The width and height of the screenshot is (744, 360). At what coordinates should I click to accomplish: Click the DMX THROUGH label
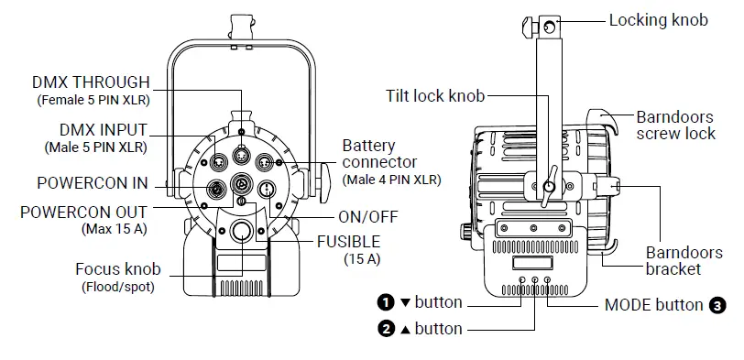tap(93, 82)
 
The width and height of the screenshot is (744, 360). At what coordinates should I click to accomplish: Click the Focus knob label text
tap(118, 269)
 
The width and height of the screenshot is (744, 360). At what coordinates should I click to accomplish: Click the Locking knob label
tap(658, 19)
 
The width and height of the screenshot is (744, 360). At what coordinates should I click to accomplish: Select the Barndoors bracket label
tap(673, 260)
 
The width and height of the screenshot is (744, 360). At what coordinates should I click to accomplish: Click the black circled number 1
tap(386, 302)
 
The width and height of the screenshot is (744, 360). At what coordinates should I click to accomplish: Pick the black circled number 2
tap(386, 328)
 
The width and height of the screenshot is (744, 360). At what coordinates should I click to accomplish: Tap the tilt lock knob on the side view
tap(547, 189)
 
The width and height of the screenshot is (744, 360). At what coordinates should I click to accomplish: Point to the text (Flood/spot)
tap(118, 286)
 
